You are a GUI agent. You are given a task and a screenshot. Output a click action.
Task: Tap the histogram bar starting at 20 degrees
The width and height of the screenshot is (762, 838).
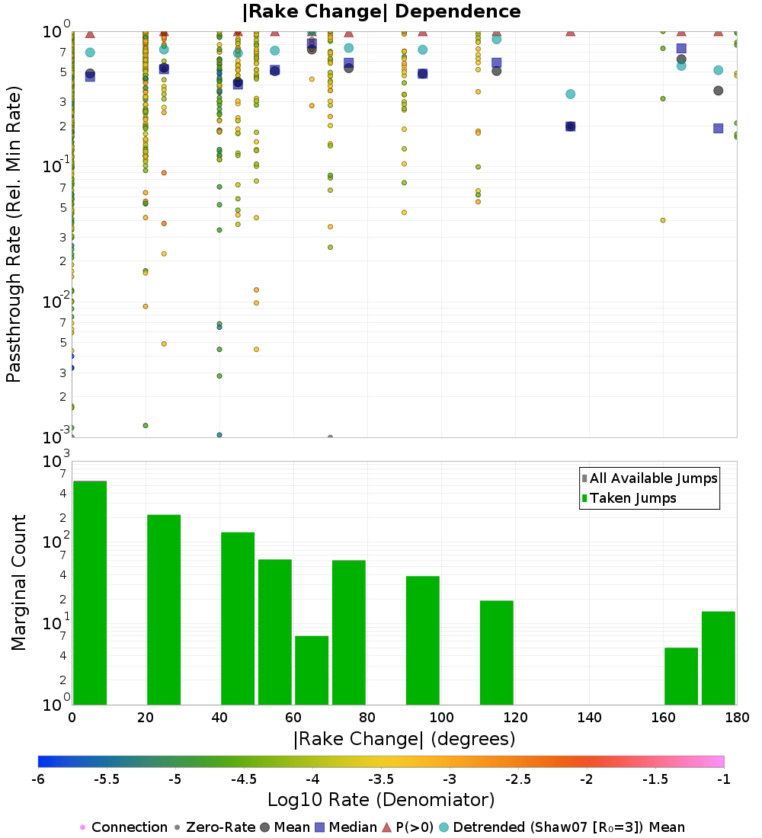pyautogui.click(x=164, y=609)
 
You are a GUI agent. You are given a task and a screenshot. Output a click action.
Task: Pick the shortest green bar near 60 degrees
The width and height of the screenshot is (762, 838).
pyautogui.click(x=312, y=670)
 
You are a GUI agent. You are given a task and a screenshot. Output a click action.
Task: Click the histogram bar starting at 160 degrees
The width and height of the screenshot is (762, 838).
pyautogui.click(x=681, y=676)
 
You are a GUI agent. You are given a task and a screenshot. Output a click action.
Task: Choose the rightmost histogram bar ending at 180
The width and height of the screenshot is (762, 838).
pyautogui.click(x=718, y=658)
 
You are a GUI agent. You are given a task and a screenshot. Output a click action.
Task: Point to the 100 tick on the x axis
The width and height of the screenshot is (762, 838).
pyautogui.click(x=441, y=718)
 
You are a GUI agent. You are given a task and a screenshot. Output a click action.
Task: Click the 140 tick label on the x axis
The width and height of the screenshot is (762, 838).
pyautogui.click(x=589, y=718)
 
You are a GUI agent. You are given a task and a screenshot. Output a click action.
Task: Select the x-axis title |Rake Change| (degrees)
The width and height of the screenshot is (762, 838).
pyautogui.click(x=404, y=739)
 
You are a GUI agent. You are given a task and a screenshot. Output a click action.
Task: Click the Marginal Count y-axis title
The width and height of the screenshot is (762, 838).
pyautogui.click(x=18, y=583)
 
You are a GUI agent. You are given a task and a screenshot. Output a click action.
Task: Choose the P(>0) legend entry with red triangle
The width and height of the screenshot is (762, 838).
pyautogui.click(x=419, y=827)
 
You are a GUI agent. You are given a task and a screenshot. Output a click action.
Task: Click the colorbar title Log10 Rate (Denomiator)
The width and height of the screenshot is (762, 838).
pyautogui.click(x=381, y=800)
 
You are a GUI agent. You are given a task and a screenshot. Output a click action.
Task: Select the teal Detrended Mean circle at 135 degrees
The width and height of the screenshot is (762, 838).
pyautogui.click(x=570, y=94)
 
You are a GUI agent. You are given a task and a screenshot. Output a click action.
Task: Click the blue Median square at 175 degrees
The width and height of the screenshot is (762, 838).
pyautogui.click(x=718, y=128)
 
